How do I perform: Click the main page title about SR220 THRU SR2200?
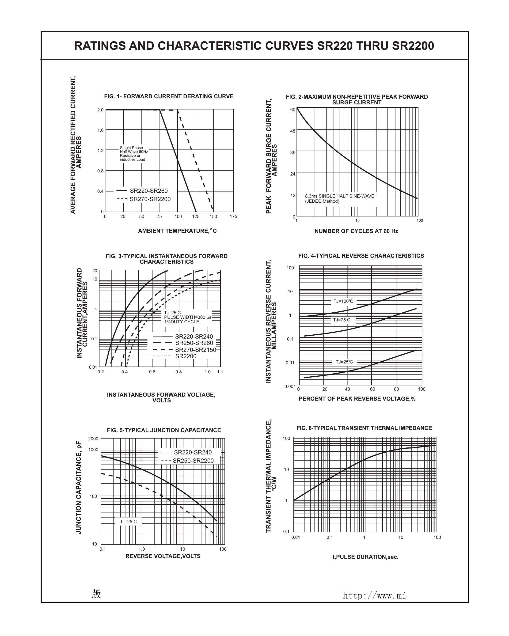click(254, 46)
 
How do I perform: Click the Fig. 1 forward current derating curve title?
click(169, 96)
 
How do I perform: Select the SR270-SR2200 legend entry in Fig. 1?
click(150, 199)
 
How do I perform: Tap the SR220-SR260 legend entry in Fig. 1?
click(149, 191)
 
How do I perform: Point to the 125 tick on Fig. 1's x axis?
click(196, 216)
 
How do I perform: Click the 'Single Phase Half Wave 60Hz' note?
click(134, 150)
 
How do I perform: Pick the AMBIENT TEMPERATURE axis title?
click(177, 231)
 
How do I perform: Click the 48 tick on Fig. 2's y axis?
click(292, 131)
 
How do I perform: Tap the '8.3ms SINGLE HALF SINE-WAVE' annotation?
click(339, 196)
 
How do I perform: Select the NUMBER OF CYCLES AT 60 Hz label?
click(356, 231)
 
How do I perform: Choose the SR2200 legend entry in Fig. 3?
click(186, 356)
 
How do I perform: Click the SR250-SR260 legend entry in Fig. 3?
click(194, 343)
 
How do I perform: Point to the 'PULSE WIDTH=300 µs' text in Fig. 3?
click(188, 317)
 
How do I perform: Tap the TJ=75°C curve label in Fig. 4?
click(342, 320)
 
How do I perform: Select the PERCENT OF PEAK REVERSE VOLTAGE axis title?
click(357, 399)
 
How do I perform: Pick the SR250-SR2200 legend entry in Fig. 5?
click(193, 461)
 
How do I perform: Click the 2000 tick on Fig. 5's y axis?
click(93, 439)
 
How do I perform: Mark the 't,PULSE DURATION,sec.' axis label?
click(365, 557)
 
